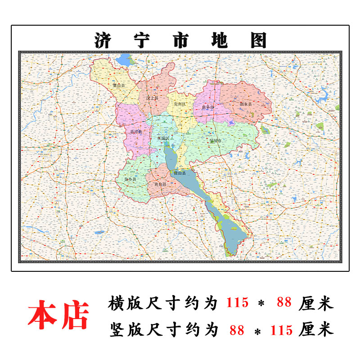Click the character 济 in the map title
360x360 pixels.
click(103, 40)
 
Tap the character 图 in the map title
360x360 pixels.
click(257, 40)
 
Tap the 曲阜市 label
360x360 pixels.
click(208, 106)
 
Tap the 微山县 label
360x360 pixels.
click(180, 173)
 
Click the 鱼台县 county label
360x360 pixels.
click(160, 184)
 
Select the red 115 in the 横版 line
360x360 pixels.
click(237, 303)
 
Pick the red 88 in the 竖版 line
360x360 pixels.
click(237, 330)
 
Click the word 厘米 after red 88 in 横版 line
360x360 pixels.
click(316, 303)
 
